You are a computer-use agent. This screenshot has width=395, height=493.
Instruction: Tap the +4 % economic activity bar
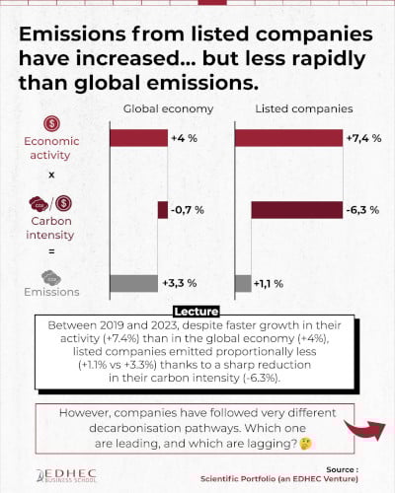coord(138,138)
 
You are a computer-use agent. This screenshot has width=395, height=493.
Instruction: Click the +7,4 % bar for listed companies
coord(288,138)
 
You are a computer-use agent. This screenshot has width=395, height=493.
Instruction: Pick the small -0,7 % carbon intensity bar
coord(163,209)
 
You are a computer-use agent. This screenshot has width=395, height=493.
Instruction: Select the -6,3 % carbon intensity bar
coord(296,209)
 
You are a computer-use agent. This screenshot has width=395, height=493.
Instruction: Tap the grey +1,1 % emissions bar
coord(243,283)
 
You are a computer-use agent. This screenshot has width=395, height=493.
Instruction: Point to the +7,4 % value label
coord(364,138)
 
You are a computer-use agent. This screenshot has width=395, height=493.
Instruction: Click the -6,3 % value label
coord(364,209)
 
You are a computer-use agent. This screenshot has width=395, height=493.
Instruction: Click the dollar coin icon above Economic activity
coord(50,124)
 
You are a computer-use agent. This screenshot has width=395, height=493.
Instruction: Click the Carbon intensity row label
coord(50,230)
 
